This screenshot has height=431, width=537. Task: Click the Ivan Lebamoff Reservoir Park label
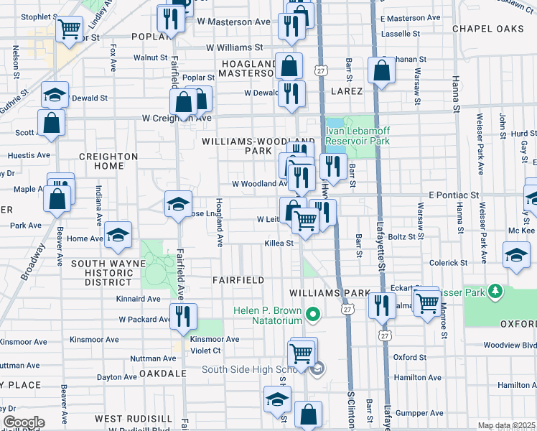click(358, 136)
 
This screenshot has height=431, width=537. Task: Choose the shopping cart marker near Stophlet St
click(69, 29)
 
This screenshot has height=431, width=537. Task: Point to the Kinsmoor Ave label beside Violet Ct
click(215, 339)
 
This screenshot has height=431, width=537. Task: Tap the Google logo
click(24, 422)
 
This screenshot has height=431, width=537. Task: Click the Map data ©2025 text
click(506, 425)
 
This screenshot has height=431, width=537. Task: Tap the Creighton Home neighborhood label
click(108, 162)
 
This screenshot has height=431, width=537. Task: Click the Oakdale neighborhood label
click(162, 374)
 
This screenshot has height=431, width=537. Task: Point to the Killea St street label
click(279, 244)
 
